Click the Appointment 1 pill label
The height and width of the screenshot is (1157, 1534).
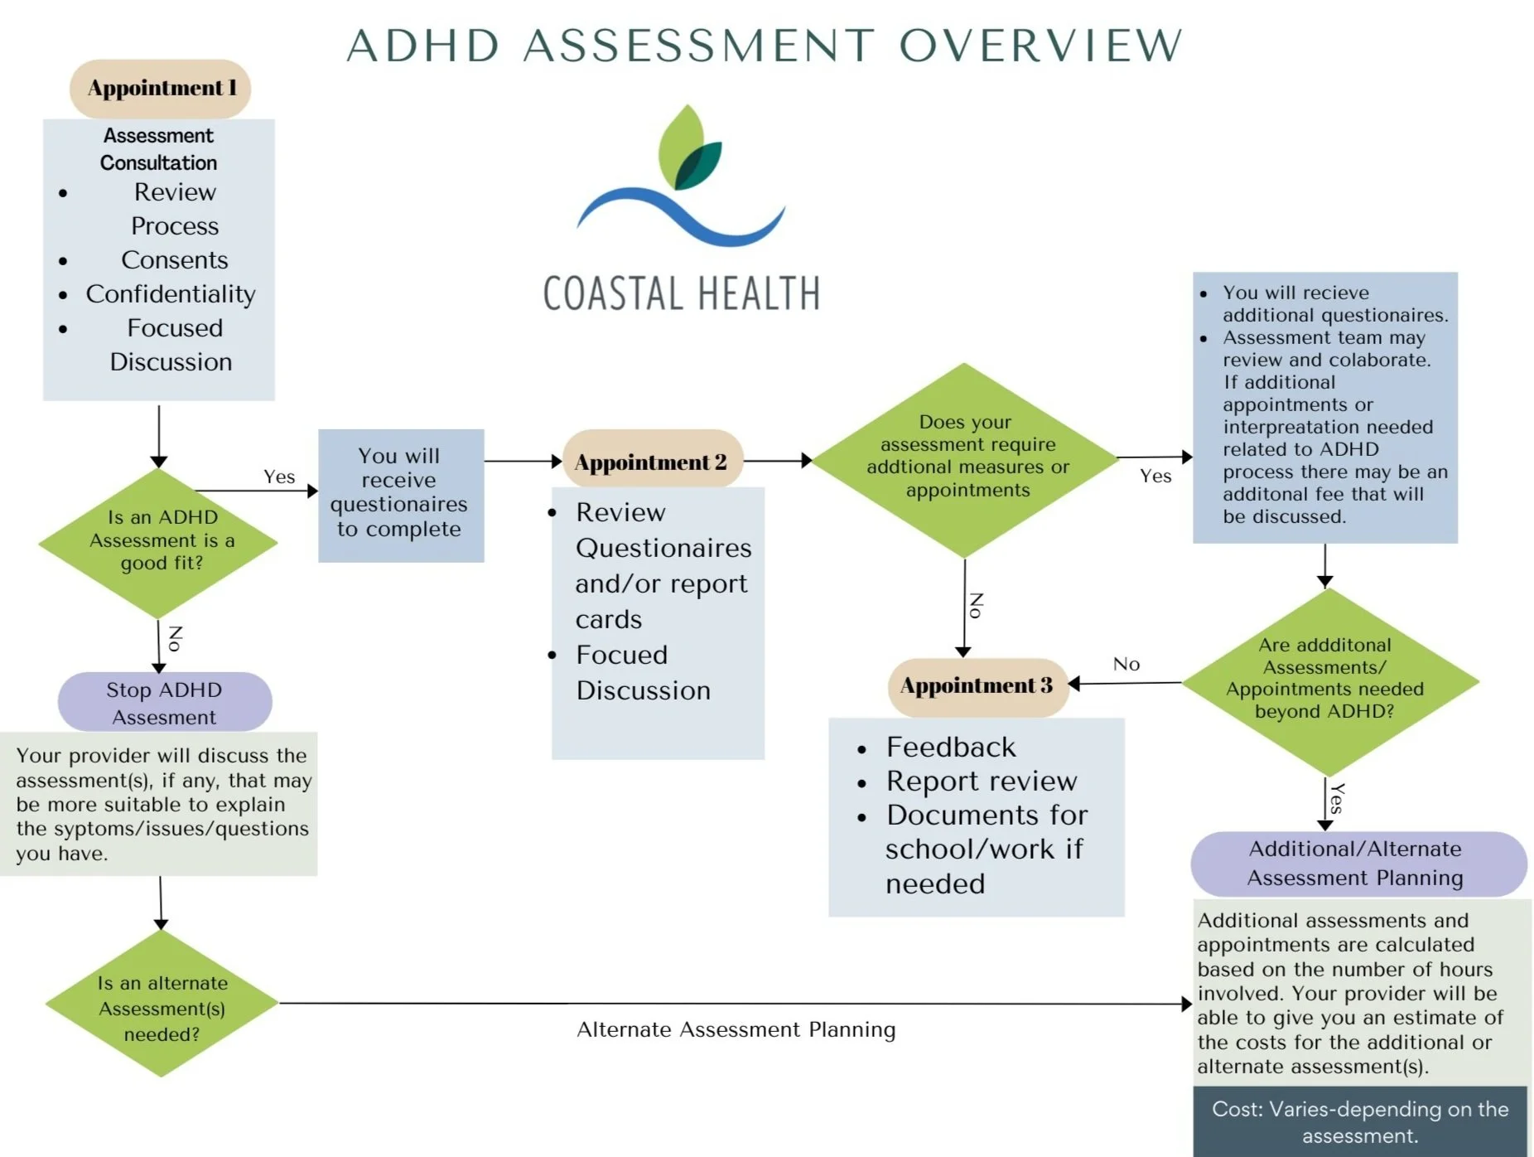pos(162,89)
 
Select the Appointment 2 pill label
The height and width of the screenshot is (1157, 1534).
pos(651,462)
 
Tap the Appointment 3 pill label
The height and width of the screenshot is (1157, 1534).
pos(977,686)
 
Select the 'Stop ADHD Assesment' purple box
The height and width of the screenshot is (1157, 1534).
pos(164,702)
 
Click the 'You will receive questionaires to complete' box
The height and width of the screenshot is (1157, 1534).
pos(400,494)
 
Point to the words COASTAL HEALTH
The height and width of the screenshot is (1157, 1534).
pos(681,293)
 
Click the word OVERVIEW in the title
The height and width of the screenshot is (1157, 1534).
pos(1040,46)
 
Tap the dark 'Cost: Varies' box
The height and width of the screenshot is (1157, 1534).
pos(1359,1121)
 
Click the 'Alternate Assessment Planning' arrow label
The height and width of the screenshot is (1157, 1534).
pos(736,1030)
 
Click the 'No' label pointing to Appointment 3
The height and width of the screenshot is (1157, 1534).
pos(1126,664)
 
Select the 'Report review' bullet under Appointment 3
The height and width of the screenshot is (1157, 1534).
pos(981,781)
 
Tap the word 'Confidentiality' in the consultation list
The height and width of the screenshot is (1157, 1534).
pos(171,294)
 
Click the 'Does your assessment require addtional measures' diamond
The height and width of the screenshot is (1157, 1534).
pos(966,457)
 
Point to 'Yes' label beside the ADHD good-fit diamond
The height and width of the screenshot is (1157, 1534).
pos(279,477)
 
